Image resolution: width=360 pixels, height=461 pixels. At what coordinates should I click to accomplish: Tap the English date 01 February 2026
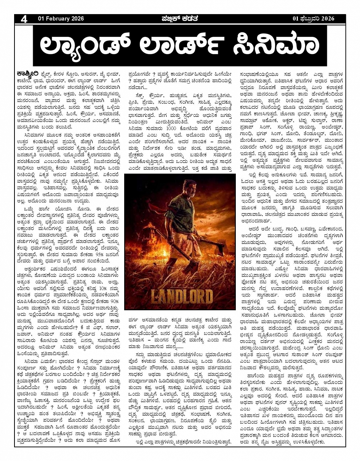click(x=61, y=19)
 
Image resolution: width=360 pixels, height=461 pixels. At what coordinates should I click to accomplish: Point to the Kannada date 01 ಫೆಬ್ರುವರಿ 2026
click(x=313, y=19)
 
